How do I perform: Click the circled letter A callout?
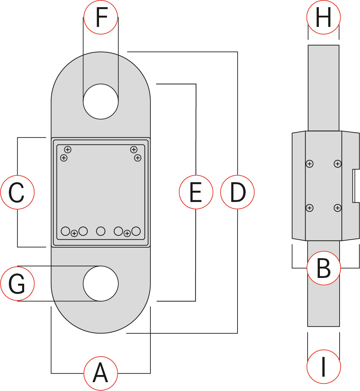(x=101, y=373)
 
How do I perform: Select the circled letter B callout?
(x=324, y=268)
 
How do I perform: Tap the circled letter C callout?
(x=17, y=192)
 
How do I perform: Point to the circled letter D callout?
(x=237, y=192)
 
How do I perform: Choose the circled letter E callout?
(x=196, y=192)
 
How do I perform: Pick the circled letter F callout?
(x=101, y=17)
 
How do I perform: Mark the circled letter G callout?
(x=17, y=283)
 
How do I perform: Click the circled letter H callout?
(x=324, y=17)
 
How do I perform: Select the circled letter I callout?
(x=324, y=366)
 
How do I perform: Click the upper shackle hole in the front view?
(x=101, y=101)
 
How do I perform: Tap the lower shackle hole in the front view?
(x=101, y=283)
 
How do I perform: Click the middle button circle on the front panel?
(x=101, y=231)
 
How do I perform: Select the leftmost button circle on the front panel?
(x=65, y=231)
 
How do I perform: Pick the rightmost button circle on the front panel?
(x=136, y=231)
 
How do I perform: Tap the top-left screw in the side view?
(x=310, y=164)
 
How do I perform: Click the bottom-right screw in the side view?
(x=338, y=207)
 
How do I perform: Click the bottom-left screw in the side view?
(x=310, y=207)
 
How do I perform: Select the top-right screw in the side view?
(x=338, y=164)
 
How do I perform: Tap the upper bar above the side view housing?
(x=324, y=88)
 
